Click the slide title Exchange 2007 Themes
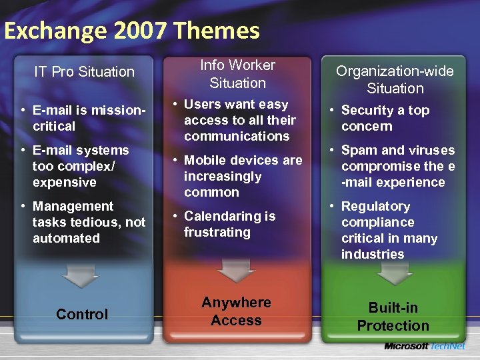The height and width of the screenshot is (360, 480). click(131, 31)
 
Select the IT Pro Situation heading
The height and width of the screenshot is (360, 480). click(84, 71)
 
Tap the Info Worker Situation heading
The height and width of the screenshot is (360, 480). click(237, 74)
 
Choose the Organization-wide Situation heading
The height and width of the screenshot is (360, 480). click(395, 79)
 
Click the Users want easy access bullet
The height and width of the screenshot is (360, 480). click(239, 120)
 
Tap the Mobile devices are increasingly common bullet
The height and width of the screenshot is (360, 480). click(241, 176)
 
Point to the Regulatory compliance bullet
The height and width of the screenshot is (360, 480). click(388, 230)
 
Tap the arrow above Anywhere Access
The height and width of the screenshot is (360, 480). click(237, 268)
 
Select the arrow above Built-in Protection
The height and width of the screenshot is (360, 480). click(395, 271)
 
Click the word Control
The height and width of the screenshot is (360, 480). click(82, 314)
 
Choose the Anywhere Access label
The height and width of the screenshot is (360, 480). click(237, 311)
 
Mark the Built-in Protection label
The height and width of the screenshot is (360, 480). click(393, 317)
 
